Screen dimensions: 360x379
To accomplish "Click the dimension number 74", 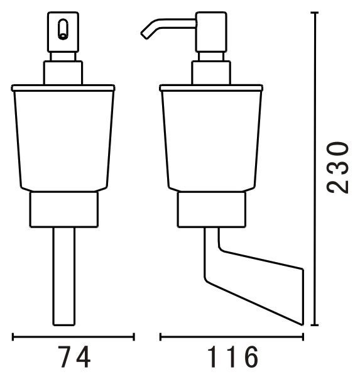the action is [x=74, y=356].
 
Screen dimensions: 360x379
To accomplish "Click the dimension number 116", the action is [x=232, y=357].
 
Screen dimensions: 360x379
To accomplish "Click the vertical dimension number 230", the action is [x=337, y=168].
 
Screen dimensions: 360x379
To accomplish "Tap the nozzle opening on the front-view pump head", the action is [x=63, y=30].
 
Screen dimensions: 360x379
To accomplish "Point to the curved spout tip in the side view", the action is [x=145, y=35].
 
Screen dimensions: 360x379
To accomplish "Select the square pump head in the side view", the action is [x=211, y=32].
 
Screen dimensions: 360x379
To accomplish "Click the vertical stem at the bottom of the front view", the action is [x=64, y=277].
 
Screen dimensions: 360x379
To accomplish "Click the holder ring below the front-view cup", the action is [x=64, y=209].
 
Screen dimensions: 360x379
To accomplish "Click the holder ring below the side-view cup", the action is [x=212, y=209].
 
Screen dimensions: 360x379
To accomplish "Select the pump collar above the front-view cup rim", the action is [x=63, y=72].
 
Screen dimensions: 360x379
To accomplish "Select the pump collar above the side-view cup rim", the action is [x=211, y=72].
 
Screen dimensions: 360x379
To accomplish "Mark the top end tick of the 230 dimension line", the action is [x=314, y=13].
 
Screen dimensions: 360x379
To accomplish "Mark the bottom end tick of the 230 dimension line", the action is [x=314, y=325].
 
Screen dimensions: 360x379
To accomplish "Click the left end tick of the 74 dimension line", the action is [x=13, y=337].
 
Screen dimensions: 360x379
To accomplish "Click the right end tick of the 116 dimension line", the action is [x=303, y=337].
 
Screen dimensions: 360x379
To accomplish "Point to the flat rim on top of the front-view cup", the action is [x=63, y=88].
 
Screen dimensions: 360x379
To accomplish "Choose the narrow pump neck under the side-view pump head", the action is [x=211, y=57].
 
